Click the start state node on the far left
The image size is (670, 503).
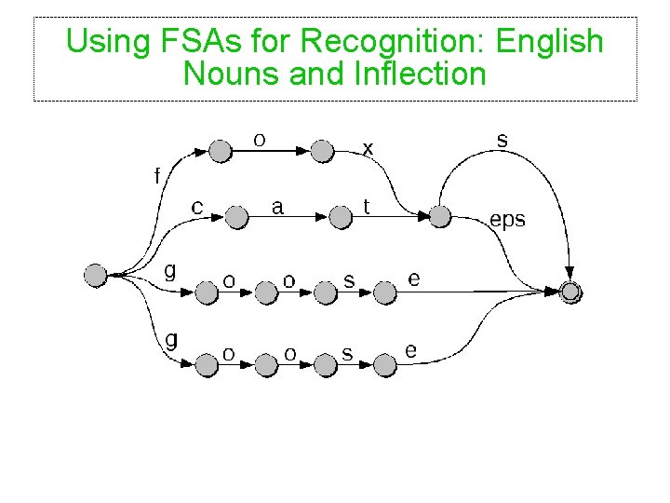coord(95,275)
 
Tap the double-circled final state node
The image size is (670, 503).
coord(571,292)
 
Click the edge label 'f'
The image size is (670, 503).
coord(156,174)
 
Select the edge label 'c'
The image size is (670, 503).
coord(197,207)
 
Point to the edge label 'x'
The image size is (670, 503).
coord(368,148)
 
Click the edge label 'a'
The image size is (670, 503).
coord(277,206)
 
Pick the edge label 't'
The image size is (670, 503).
coord(367,206)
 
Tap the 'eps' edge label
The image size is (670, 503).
coord(507,220)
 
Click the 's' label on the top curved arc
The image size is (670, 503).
coord(502,141)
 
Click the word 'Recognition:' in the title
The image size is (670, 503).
coord(395,42)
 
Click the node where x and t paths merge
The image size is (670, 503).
coord(440,217)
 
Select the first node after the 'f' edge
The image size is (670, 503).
coord(220,151)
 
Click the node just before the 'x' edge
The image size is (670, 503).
coord(321,151)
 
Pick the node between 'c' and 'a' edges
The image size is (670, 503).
coord(236,218)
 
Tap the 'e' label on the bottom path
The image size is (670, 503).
coord(411,351)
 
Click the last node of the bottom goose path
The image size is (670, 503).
coord(385,366)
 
